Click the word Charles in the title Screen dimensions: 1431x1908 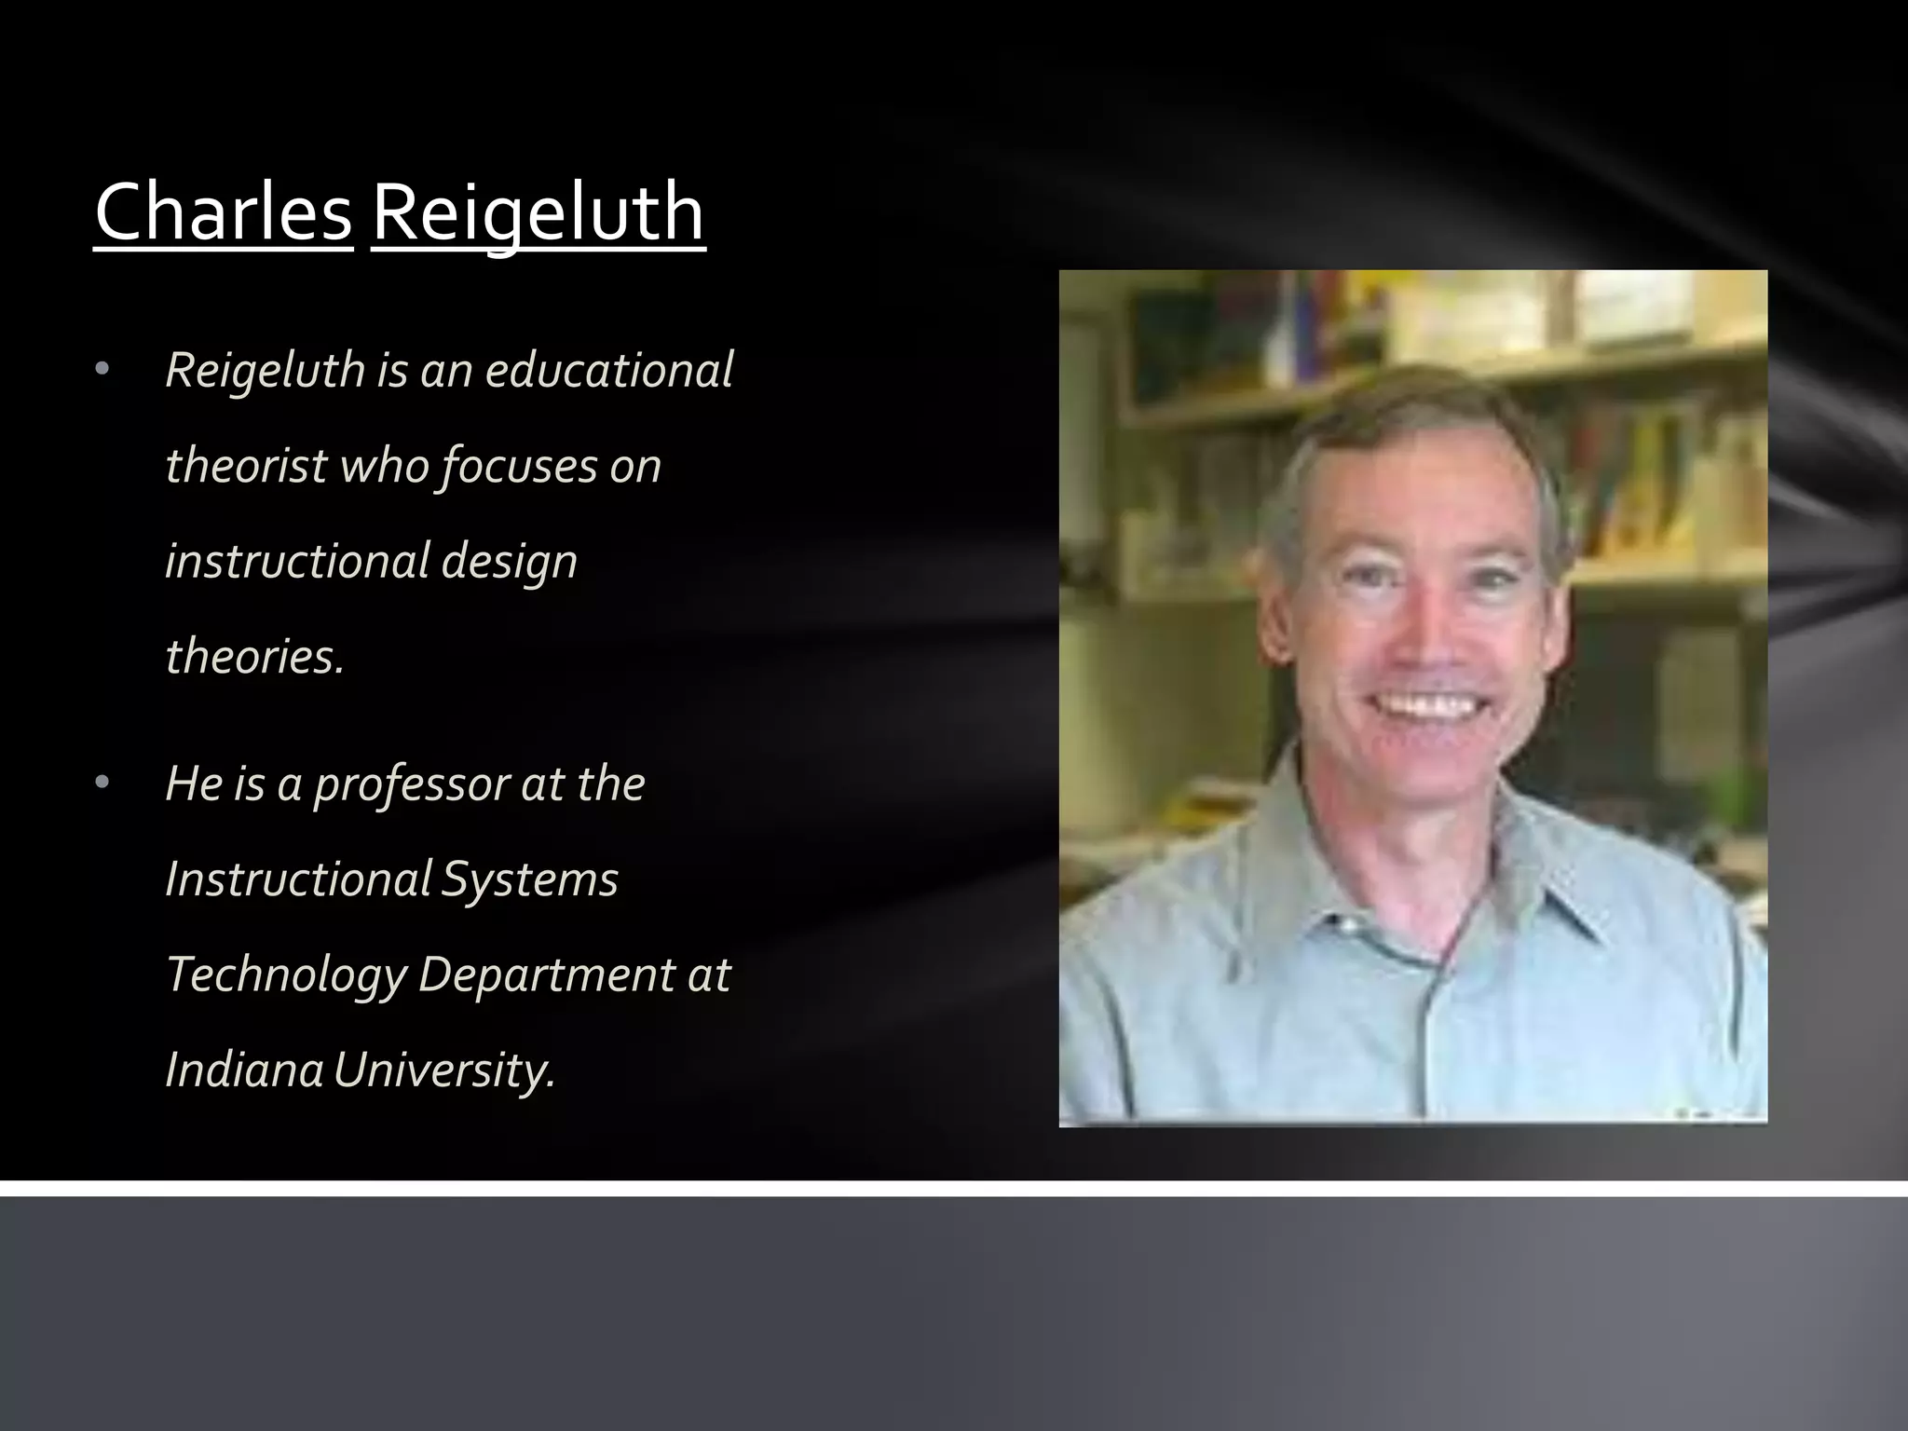224,212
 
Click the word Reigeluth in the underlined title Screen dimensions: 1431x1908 538,212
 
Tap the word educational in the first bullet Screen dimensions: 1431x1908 609,370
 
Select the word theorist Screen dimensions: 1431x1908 247,465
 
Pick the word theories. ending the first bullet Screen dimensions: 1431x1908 254,656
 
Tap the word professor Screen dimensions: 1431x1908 410,784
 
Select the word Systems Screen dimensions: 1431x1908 529,879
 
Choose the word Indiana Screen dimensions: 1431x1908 244,1070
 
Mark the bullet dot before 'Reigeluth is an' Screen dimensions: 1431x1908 102,371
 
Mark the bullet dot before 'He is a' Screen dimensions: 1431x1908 102,784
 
